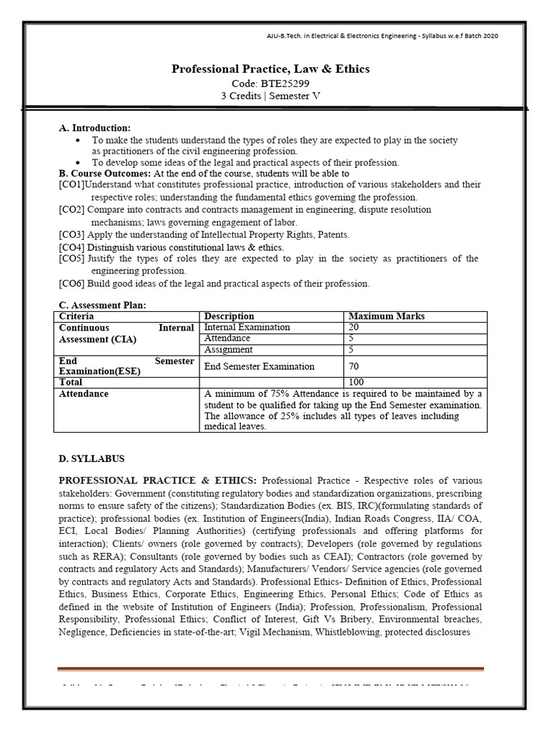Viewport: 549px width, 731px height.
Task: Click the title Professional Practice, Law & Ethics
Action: [271, 69]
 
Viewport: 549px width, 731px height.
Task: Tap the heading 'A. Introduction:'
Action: [94, 128]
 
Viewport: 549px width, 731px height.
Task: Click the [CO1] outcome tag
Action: [71, 185]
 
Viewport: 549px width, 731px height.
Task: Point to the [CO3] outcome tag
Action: [72, 235]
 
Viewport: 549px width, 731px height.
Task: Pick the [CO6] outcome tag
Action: [72, 283]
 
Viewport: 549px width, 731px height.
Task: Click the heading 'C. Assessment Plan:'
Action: [102, 306]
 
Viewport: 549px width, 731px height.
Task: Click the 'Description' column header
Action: [229, 316]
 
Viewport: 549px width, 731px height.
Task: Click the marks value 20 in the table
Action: [353, 328]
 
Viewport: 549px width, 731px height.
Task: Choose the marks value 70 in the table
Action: [353, 366]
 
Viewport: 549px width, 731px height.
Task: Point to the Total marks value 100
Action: [355, 383]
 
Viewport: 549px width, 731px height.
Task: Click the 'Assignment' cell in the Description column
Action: [228, 350]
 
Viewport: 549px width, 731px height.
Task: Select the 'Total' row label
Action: [71, 383]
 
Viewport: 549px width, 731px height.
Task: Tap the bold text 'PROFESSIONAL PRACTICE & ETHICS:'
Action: [160, 480]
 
